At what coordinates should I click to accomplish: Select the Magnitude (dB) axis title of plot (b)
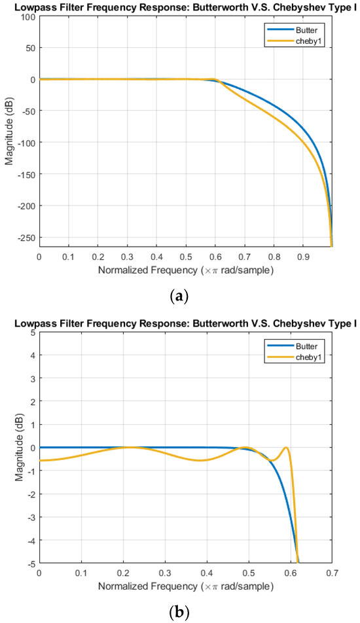(10, 448)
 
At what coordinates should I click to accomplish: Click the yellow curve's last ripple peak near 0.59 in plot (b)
(286, 448)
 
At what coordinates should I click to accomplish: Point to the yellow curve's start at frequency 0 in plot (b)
(40, 461)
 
